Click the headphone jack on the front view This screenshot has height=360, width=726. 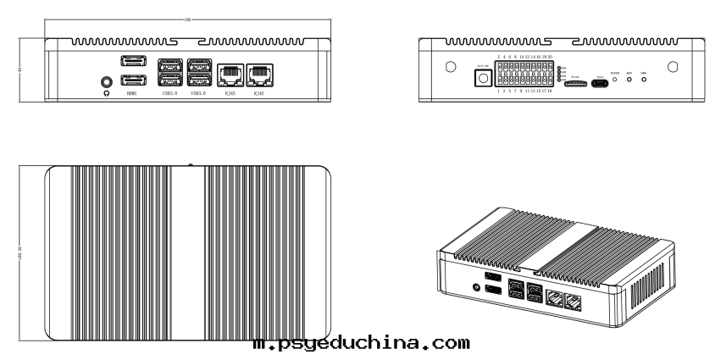[106, 81]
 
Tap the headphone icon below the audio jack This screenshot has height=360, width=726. [106, 93]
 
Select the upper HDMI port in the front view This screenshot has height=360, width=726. [131, 62]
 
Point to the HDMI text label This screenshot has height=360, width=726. [131, 93]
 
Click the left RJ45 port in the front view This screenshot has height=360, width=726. [230, 75]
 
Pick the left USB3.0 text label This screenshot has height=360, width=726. [170, 93]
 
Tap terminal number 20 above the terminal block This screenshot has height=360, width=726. [551, 56]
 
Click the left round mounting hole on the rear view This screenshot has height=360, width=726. [451, 67]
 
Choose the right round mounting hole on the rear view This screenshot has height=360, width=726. [672, 67]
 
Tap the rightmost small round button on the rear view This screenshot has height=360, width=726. [644, 81]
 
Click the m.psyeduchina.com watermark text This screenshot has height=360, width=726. [361, 344]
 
